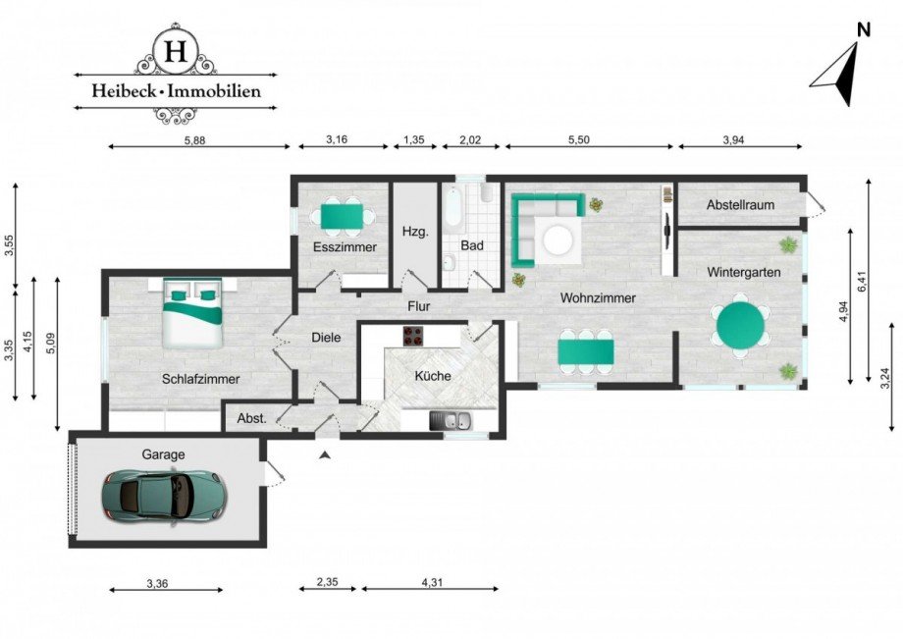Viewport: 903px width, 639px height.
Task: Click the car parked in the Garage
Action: pos(163,493)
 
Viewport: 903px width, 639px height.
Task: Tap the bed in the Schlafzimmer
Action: pos(192,311)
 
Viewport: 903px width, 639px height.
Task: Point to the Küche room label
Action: pos(433,376)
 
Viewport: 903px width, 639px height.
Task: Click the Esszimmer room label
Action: pos(345,247)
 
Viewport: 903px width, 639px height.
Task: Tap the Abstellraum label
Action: pos(741,205)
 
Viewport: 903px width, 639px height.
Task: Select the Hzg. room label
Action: pos(413,232)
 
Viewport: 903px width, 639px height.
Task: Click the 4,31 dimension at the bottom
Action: pos(431,582)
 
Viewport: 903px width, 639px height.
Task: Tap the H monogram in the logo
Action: pos(176,51)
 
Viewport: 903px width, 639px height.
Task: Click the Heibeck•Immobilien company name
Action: pos(177,91)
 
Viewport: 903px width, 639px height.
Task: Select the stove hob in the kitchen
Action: pos(411,336)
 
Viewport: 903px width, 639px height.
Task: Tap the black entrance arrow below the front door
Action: pos(325,453)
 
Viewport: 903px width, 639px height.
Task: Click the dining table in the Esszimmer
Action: pos(343,213)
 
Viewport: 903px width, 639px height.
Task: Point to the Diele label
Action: pos(326,337)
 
